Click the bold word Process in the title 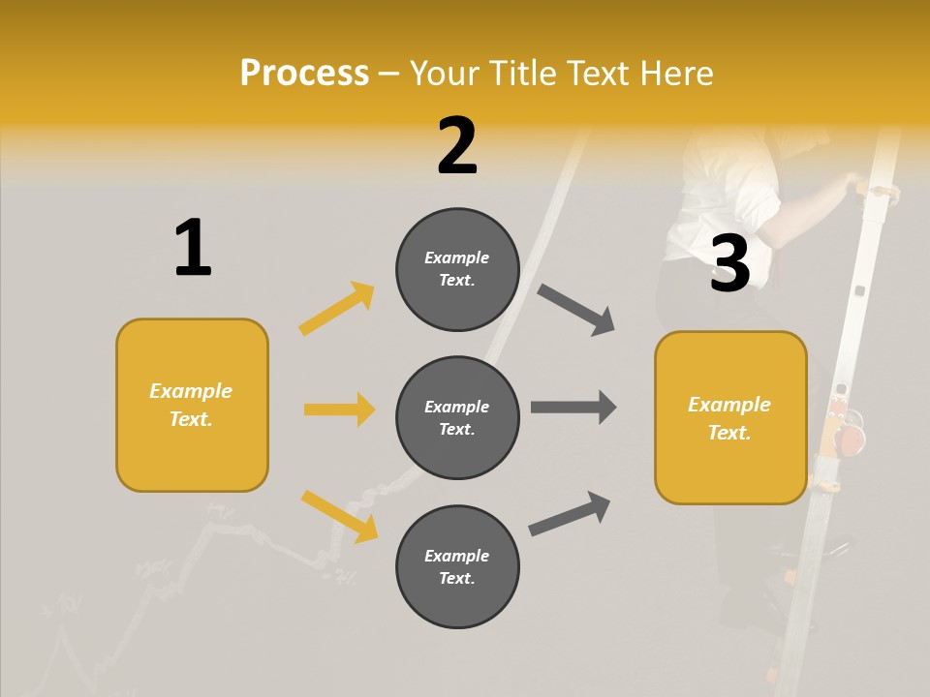pyautogui.click(x=304, y=73)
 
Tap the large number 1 pyautogui.click(x=193, y=248)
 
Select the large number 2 pyautogui.click(x=457, y=146)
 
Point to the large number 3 pyautogui.click(x=729, y=264)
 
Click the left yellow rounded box pyautogui.click(x=192, y=405)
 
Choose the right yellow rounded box pyautogui.click(x=730, y=417)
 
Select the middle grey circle pyautogui.click(x=457, y=417)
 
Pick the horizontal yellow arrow pyautogui.click(x=339, y=409)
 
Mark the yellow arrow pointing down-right pyautogui.click(x=339, y=516)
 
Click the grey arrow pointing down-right pyautogui.click(x=576, y=310)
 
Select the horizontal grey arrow pyautogui.click(x=573, y=408)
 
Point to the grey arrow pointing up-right pyautogui.click(x=570, y=513)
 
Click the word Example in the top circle pyautogui.click(x=457, y=258)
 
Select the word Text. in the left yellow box pyautogui.click(x=191, y=419)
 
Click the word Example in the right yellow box pyautogui.click(x=729, y=405)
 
